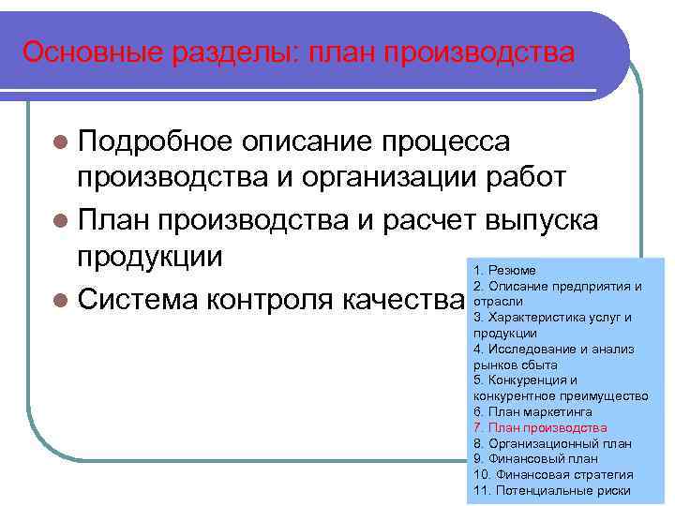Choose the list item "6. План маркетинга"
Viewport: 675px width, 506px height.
[x=532, y=411]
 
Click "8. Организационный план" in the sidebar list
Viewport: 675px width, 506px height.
[x=552, y=443]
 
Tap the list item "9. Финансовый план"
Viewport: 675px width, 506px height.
[x=535, y=459]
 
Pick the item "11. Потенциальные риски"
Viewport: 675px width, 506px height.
[x=552, y=491]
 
